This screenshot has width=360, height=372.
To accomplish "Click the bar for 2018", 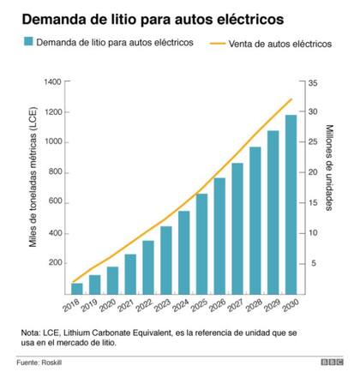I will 77,287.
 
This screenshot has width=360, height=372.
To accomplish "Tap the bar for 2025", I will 201,243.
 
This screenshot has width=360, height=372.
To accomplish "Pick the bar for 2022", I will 148,266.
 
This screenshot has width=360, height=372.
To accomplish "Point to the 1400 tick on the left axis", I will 52,81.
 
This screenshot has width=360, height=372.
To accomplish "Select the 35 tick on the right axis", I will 313,81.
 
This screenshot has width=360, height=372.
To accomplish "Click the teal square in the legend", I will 29,42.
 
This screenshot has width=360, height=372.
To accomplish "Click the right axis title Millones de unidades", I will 331,167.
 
